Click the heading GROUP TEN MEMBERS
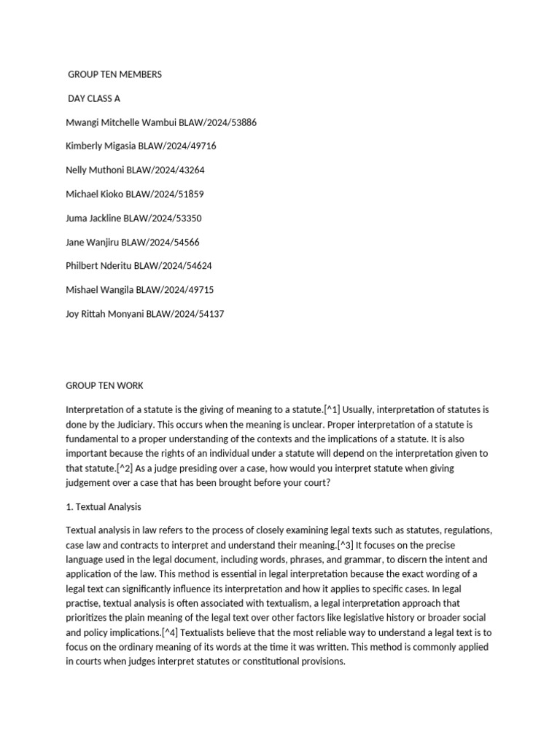tap(114, 74)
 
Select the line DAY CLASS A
tap(94, 98)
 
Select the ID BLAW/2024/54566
tap(165, 242)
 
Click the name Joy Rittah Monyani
tap(105, 314)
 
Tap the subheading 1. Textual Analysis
tap(104, 506)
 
